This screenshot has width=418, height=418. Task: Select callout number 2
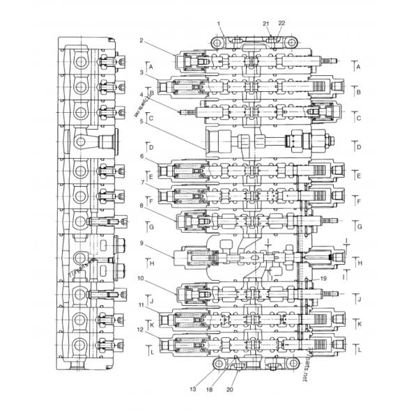pos(141,40)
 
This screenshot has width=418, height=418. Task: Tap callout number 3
pos(141,72)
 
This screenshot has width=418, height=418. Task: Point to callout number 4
pos(141,95)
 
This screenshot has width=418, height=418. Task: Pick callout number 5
pos(141,121)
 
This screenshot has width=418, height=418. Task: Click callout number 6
pos(141,156)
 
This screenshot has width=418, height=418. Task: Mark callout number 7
pos(141,183)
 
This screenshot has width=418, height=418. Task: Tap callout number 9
pos(141,243)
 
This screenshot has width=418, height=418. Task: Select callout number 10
pos(141,278)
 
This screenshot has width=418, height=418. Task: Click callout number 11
pos(141,304)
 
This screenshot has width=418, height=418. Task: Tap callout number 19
pos(323,278)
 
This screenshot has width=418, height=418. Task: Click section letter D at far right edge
pos(358,147)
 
